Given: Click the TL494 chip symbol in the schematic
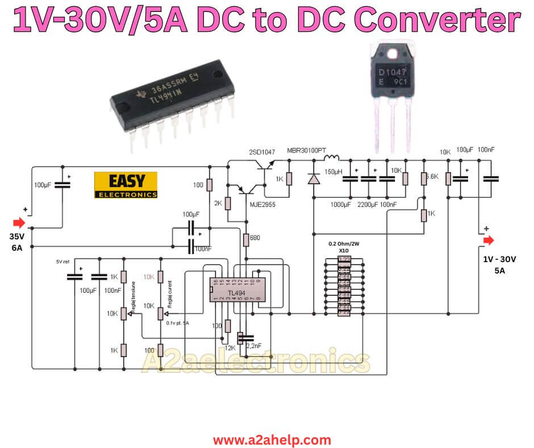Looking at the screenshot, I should [235, 289].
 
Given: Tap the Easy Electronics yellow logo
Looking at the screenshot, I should [126, 185].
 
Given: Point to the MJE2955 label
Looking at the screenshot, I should [260, 205].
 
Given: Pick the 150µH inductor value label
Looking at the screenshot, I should [333, 171].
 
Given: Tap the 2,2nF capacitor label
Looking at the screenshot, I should [253, 345].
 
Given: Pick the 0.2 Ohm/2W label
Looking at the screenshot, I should [344, 243].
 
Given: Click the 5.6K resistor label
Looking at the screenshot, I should [432, 177].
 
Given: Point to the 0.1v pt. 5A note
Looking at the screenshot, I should [177, 323].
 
